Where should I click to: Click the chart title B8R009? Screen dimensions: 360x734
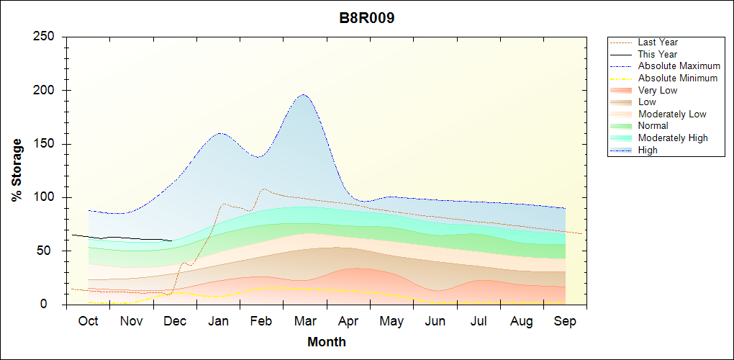tap(367, 19)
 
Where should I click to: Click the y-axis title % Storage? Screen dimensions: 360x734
tap(17, 170)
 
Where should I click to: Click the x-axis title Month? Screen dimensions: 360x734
tap(327, 342)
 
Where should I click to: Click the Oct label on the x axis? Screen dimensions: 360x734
tap(88, 321)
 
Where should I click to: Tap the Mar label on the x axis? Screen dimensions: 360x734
tap(305, 321)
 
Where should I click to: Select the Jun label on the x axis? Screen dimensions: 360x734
tap(435, 321)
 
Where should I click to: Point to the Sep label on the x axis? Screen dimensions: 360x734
tap(565, 321)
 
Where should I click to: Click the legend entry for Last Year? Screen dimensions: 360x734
tap(658, 42)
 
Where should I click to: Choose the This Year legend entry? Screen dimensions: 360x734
tap(658, 54)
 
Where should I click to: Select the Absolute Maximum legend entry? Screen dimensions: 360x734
tap(679, 66)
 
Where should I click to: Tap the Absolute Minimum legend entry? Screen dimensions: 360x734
tap(678, 78)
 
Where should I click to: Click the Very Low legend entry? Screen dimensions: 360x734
tap(658, 90)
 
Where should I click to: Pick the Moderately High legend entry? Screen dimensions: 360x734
tap(673, 138)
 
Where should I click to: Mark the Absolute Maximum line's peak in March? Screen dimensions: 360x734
tap(303, 94)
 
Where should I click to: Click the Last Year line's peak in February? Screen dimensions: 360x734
tap(264, 189)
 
